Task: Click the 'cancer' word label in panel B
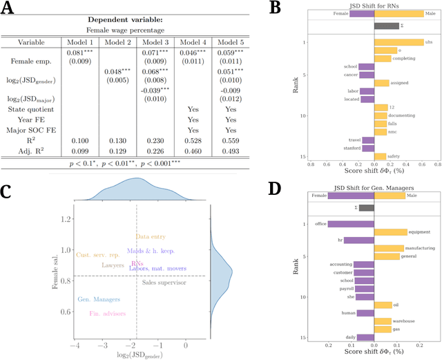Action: coord(350,75)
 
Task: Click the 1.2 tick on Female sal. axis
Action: coord(66,218)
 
